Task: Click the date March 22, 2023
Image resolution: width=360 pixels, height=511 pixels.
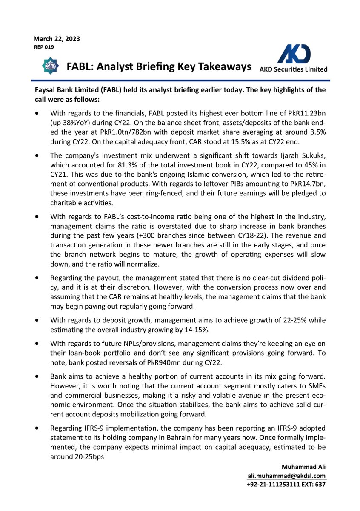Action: pyautogui.click(x=57, y=39)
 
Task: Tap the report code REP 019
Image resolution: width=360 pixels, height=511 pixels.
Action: pyautogui.click(x=44, y=47)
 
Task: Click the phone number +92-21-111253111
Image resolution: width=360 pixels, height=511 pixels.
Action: pyautogui.click(x=271, y=485)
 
